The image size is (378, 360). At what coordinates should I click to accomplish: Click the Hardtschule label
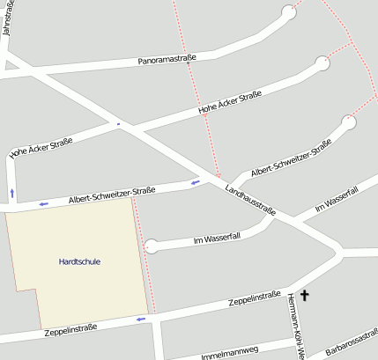tap(78, 262)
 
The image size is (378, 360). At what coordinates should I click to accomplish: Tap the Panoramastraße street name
tap(166, 60)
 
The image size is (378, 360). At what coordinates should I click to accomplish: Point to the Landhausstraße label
tap(251, 199)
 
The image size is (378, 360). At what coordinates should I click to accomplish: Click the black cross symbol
tap(306, 296)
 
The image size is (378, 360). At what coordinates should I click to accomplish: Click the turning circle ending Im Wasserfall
tap(152, 246)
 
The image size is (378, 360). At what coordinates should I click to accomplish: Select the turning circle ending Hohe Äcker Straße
tap(322, 63)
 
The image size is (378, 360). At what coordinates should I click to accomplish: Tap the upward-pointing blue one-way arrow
tap(11, 191)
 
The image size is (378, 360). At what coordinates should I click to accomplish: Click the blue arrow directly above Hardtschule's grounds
tap(42, 204)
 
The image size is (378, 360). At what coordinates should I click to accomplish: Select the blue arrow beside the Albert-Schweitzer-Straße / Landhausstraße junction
tap(194, 182)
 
